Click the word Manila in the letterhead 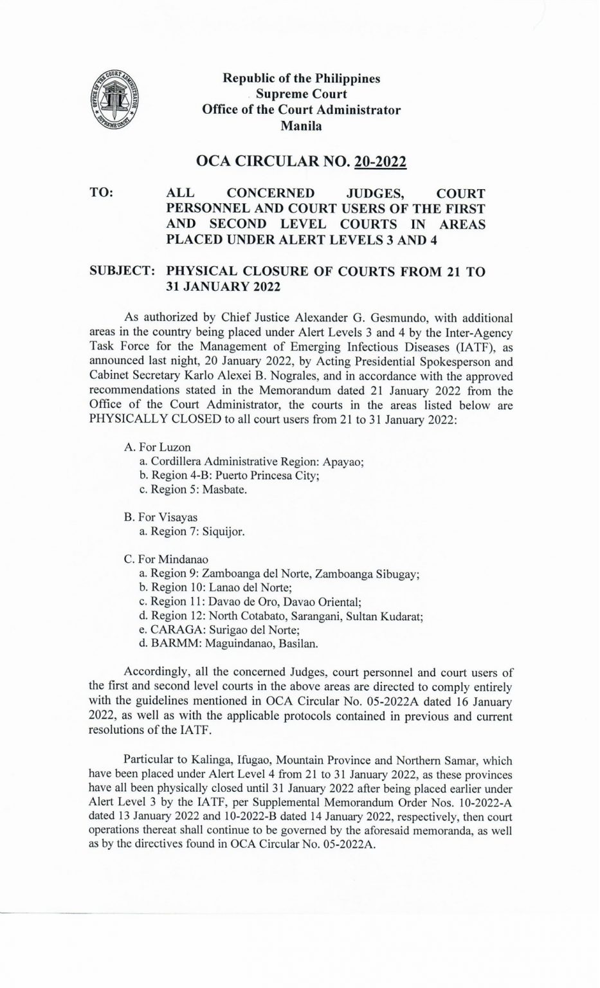coord(302,126)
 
